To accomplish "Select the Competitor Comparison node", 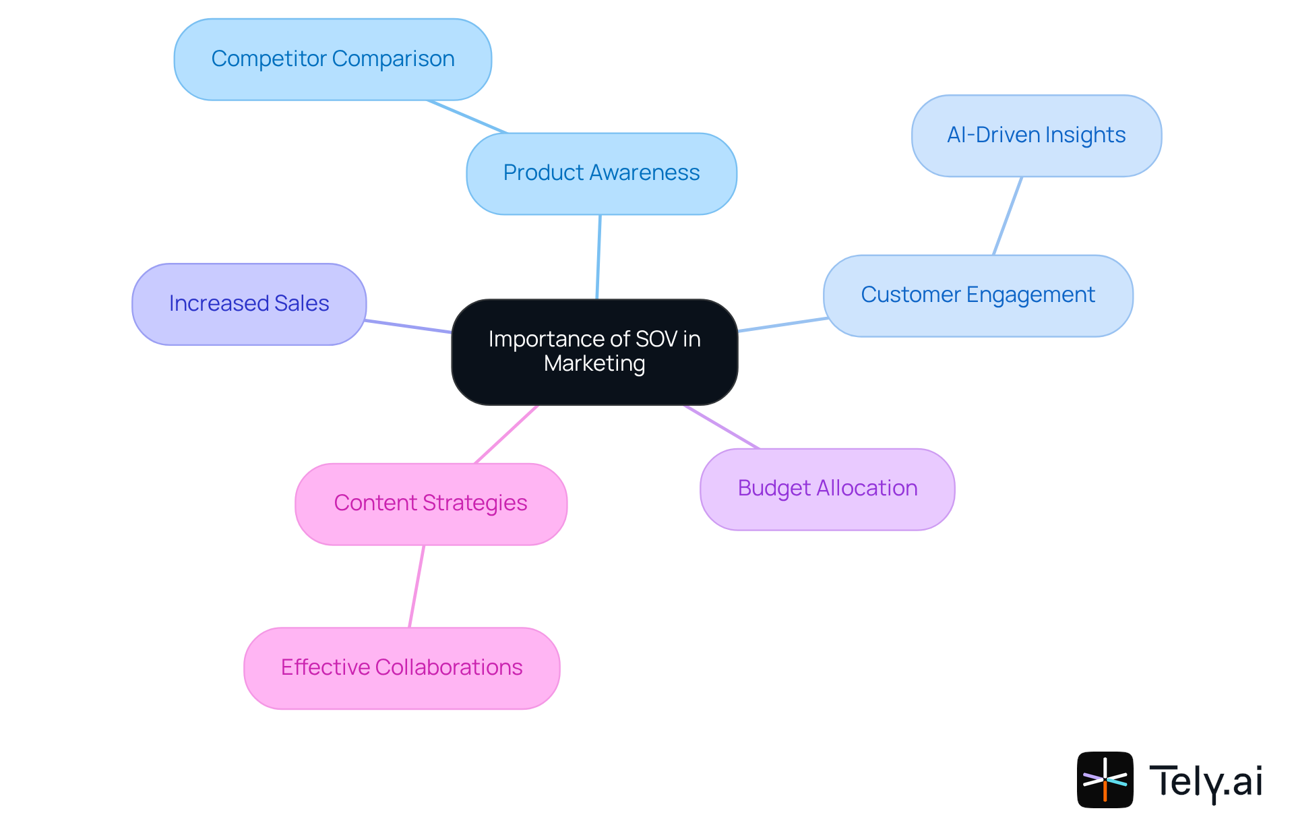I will coord(332,59).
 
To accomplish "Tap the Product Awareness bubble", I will coord(601,173).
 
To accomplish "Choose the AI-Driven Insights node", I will coord(1036,135).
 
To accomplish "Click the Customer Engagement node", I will coord(977,295).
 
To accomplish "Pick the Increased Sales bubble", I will coord(249,304).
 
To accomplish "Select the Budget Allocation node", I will coord(827,489).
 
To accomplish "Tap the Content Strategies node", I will coord(431,504).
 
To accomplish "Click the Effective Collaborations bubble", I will coord(402,667).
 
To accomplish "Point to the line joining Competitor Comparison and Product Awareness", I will coord(466,117).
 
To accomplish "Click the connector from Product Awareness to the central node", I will coord(598,257).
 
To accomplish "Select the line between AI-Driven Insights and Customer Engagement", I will coord(1008,216).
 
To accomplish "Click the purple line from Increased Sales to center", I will coord(408,326).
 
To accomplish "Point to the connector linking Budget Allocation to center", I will coord(721,426).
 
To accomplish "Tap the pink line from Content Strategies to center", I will coord(506,434).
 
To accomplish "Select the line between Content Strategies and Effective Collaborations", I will coord(417,586).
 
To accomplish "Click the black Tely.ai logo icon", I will coord(1105,779).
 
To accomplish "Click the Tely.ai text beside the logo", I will coord(1205,781).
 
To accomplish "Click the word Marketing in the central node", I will coord(594,364).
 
